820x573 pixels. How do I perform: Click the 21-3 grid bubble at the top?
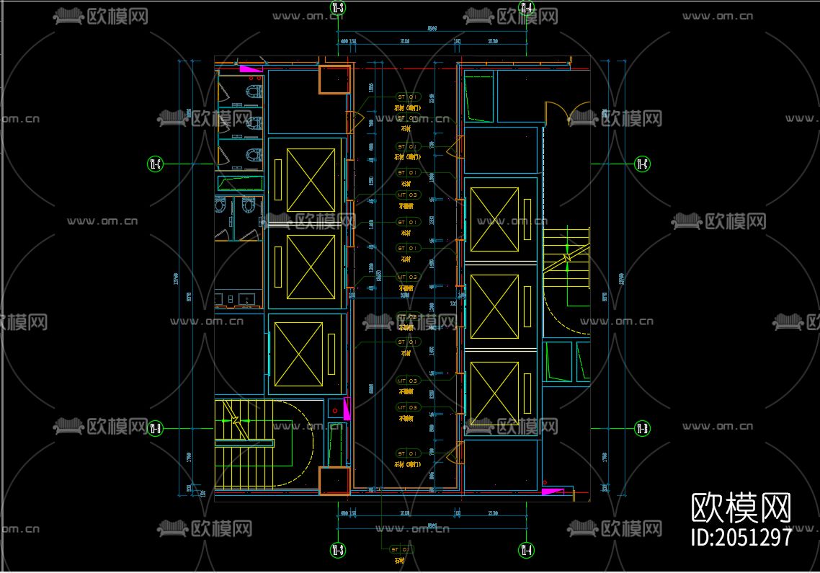pos(337,8)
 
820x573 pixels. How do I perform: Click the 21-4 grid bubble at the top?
pos(526,8)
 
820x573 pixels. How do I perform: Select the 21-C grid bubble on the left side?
pos(155,164)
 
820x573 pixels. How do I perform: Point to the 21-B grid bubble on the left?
pos(155,429)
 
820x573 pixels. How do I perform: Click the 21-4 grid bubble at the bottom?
pos(526,551)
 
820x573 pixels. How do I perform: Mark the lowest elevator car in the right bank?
pos(494,393)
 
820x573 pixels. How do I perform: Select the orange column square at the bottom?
pos(334,481)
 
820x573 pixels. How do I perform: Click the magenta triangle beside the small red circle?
pos(346,411)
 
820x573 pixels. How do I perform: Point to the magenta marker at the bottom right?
pos(553,491)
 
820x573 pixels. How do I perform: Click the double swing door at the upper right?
pos(568,115)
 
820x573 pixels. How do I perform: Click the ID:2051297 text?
pos(741,537)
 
